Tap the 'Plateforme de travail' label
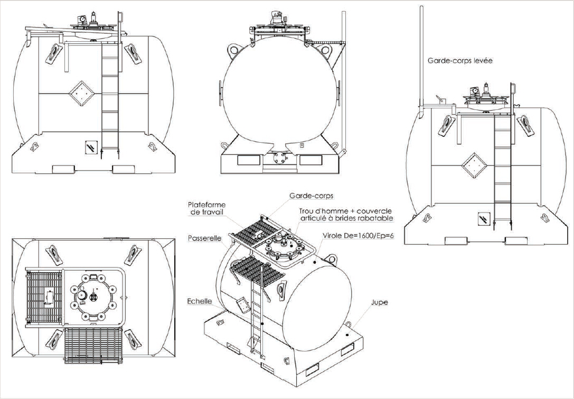(206, 208)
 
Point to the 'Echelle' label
(200, 301)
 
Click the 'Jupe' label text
(379, 303)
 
